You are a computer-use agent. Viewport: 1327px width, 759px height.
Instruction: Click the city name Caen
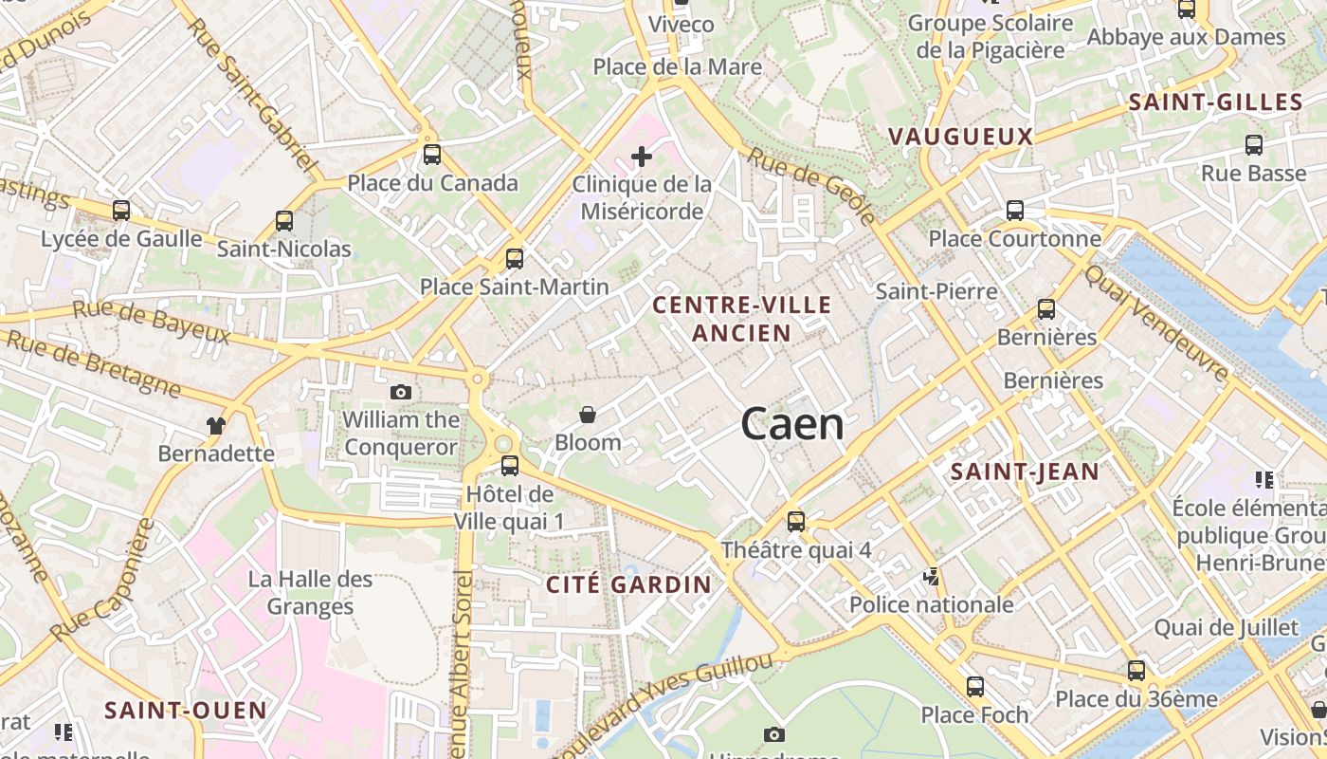pyautogui.click(x=792, y=424)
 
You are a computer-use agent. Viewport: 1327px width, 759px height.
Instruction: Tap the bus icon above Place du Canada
pyautogui.click(x=432, y=155)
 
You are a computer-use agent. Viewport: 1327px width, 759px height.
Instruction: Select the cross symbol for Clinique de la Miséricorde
pyautogui.click(x=642, y=156)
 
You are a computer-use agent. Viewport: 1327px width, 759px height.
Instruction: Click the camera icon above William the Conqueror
pyautogui.click(x=401, y=392)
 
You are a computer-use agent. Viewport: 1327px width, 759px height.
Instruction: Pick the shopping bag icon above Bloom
pyautogui.click(x=588, y=415)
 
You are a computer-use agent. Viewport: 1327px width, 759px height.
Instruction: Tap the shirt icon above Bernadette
pyautogui.click(x=216, y=425)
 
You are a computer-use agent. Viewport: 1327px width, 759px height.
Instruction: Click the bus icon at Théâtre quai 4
pyautogui.click(x=796, y=521)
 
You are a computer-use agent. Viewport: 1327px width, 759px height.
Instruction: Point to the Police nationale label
pyautogui.click(x=931, y=604)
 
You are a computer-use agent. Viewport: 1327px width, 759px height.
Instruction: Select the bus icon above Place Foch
pyautogui.click(x=975, y=687)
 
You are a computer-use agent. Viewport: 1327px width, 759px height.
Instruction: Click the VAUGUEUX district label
pyautogui.click(x=960, y=137)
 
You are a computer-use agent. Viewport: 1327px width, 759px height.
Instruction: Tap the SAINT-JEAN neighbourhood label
pyautogui.click(x=1025, y=472)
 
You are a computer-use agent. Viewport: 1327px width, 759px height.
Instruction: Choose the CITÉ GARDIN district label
pyautogui.click(x=628, y=584)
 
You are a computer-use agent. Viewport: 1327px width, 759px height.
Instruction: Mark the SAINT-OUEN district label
pyautogui.click(x=186, y=710)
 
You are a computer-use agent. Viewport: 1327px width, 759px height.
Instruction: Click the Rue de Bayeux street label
pyautogui.click(x=152, y=322)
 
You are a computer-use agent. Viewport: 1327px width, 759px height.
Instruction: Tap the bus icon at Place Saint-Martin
pyautogui.click(x=515, y=258)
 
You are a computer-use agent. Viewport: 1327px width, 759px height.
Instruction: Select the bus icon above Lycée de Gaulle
pyautogui.click(x=121, y=211)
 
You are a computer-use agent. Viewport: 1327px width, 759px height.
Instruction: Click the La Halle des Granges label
pyautogui.click(x=310, y=592)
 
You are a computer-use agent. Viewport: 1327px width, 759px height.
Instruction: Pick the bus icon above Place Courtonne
pyautogui.click(x=1015, y=211)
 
